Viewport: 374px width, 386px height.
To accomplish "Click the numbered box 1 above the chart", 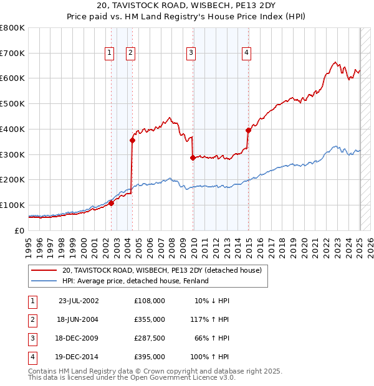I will click(x=110, y=54).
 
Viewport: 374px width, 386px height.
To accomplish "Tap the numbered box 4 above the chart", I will click(x=247, y=54).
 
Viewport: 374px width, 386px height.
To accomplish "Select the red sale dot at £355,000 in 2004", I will click(x=132, y=140).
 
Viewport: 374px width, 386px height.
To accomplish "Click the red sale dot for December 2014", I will click(x=248, y=130).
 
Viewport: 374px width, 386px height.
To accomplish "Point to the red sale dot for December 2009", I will click(x=193, y=158).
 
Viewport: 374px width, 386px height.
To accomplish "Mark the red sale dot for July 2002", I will click(x=111, y=203).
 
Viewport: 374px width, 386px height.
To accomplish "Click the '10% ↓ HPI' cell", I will click(x=212, y=301).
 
